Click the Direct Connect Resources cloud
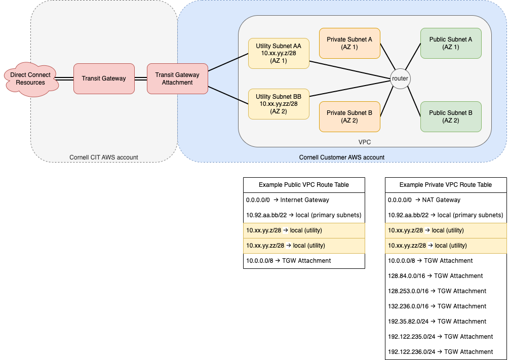31,79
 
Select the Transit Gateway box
104,78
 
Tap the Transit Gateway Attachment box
178,78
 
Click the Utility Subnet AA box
279,53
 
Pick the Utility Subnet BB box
279,104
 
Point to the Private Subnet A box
349,44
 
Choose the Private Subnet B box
349,117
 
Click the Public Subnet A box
451,44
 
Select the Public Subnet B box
451,117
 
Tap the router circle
400,78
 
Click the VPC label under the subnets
365,142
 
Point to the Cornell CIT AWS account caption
104,157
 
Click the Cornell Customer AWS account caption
342,157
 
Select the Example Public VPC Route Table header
304,185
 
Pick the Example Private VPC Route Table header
446,185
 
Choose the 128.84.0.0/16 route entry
436,276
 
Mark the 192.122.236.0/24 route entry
441,351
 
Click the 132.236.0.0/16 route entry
437,306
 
